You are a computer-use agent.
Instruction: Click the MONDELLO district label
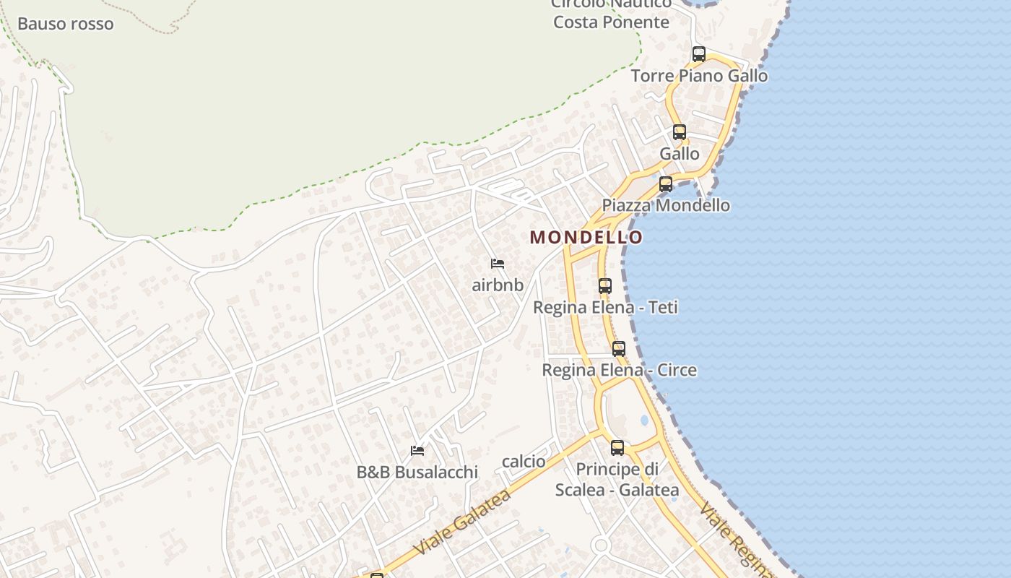[x=586, y=237]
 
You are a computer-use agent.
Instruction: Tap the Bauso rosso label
[x=66, y=24]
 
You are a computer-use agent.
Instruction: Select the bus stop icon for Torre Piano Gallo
[x=698, y=53]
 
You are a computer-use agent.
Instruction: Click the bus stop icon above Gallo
[x=680, y=131]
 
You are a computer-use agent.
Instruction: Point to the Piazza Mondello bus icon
[x=666, y=184]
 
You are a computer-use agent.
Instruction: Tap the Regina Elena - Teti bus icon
[x=605, y=285]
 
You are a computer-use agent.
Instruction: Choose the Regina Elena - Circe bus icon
[x=619, y=349]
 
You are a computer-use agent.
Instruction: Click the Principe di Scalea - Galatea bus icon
[x=617, y=447]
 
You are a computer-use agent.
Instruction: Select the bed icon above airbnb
[x=498, y=264]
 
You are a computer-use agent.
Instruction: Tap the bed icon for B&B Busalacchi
[x=417, y=451]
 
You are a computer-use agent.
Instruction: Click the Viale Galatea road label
[x=463, y=522]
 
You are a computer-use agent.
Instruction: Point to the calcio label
[x=524, y=461]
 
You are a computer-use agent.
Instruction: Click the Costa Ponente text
[x=611, y=22]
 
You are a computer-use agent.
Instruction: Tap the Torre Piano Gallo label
[x=699, y=76]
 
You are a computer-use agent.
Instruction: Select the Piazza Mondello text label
[x=666, y=205]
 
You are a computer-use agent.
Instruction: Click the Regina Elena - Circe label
[x=619, y=370]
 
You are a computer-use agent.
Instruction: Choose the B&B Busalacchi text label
[x=417, y=473]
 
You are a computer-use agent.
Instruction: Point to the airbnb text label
[x=498, y=285]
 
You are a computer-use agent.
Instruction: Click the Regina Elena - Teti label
[x=605, y=307]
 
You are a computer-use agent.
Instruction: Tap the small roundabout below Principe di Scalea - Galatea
[x=601, y=545]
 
